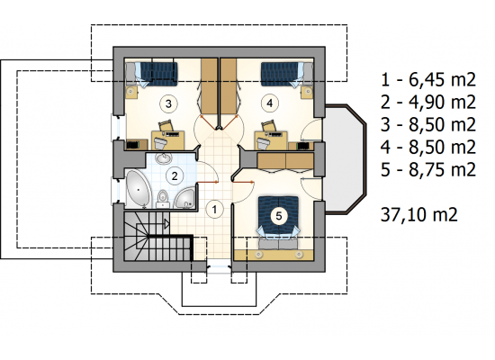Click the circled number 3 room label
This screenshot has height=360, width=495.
[168, 103]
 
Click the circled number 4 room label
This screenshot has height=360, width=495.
[270, 103]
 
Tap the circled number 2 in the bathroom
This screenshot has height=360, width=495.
[175, 175]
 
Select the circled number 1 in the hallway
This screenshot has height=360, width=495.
[215, 209]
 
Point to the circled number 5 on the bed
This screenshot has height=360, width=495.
[279, 216]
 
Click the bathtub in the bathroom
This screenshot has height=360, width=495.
[138, 190]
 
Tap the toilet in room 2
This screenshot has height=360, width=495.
[163, 199]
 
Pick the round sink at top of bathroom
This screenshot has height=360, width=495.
[163, 157]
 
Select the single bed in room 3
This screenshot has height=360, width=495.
[152, 74]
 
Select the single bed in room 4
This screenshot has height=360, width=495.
[286, 74]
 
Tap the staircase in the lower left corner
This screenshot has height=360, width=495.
[157, 236]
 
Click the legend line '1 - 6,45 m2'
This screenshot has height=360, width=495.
[428, 79]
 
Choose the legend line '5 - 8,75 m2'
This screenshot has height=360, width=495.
[428, 169]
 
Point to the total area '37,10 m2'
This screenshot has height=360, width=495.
[418, 215]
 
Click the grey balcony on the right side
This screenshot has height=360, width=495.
[344, 158]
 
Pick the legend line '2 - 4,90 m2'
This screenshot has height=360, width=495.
[428, 102]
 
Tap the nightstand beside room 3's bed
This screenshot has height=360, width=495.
[131, 92]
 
